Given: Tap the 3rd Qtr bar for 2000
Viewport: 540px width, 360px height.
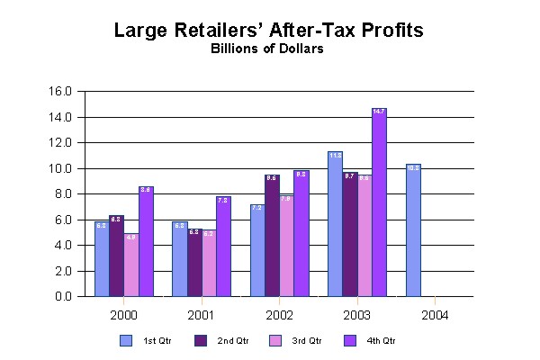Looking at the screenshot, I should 131,265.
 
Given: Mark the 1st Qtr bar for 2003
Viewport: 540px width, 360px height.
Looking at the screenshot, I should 335,224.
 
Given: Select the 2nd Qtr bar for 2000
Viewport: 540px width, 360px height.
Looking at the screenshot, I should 116,256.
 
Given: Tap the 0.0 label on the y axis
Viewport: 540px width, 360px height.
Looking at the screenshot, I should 62,297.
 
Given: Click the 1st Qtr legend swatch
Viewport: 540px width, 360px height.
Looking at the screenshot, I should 127,340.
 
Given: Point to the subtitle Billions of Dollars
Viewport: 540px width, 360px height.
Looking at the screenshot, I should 269,49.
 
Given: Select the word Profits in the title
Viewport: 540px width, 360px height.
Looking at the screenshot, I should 391,31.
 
